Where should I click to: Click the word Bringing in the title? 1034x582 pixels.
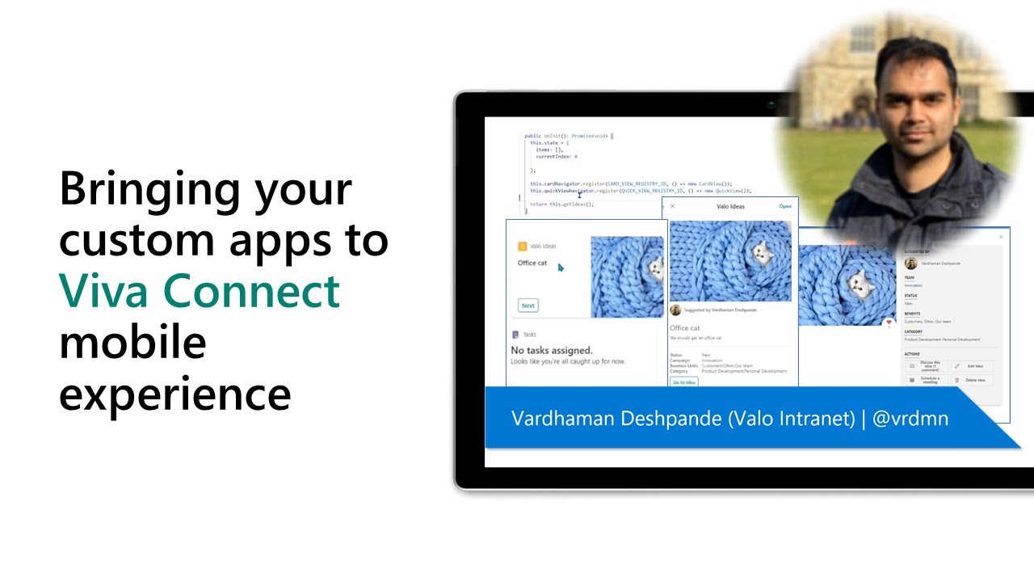[149, 189]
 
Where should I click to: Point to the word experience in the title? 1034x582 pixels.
[174, 394]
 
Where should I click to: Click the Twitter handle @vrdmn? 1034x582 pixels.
[910, 418]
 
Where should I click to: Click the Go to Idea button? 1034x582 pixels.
[683, 382]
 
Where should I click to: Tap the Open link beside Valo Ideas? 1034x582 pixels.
[785, 206]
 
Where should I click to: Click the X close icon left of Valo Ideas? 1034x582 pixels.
[672, 206]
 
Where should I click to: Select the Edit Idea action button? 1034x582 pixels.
[972, 366]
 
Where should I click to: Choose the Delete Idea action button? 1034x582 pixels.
[972, 380]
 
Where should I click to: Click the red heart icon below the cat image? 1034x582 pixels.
[889, 323]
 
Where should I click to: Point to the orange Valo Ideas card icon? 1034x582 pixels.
[522, 246]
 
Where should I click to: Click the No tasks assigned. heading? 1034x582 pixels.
[551, 350]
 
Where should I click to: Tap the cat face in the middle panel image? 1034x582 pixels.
[760, 253]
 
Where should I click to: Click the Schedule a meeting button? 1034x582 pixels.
[926, 380]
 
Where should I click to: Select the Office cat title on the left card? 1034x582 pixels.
[532, 263]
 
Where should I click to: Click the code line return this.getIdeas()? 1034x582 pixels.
[561, 205]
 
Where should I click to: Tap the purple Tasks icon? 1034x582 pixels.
[515, 335]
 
